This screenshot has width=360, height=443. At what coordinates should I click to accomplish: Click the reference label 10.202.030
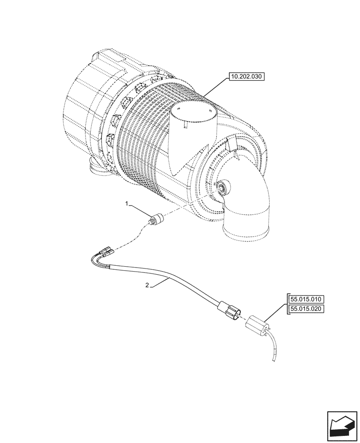point(246,77)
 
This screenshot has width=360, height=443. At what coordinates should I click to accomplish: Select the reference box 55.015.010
point(306,299)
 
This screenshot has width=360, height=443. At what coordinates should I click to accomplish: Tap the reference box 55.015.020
point(306,309)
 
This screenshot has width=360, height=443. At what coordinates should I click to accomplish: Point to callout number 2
point(147,286)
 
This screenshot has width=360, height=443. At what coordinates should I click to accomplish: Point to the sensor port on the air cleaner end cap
point(221,187)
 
